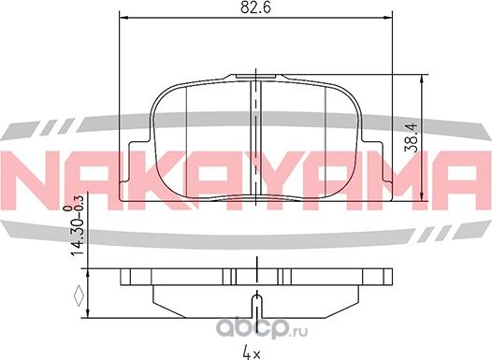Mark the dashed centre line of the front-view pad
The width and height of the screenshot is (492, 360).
pos(254,140)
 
